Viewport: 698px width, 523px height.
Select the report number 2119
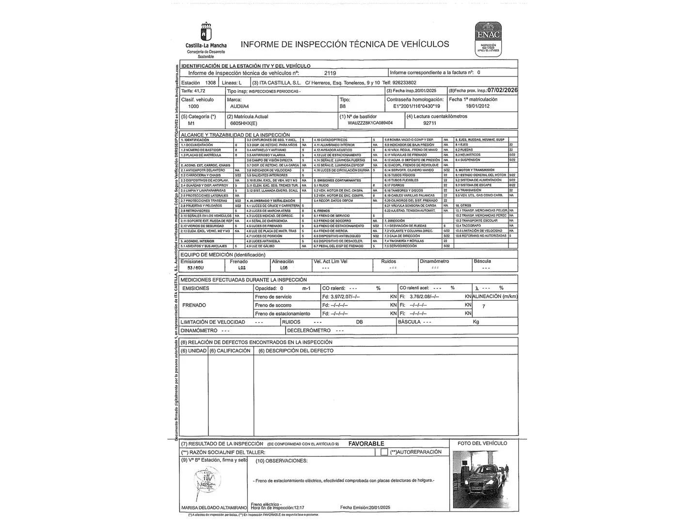pos(330,73)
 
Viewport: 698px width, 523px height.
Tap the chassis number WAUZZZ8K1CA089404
pos(370,123)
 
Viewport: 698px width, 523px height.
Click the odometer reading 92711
pos(429,123)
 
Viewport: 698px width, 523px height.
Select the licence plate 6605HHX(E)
pos(243,123)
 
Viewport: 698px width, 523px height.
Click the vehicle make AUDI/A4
pos(240,106)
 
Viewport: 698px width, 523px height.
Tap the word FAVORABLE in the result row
pos(366,444)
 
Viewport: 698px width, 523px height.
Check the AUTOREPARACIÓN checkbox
pos(384,452)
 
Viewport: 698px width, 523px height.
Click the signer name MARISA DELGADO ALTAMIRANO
pos(214,508)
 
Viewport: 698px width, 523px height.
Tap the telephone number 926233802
pos(404,83)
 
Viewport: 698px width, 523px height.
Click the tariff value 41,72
pos(199,91)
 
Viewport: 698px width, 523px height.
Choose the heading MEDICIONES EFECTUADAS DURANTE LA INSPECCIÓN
pos(243,280)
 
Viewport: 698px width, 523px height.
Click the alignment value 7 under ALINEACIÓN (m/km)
pos(483,306)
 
